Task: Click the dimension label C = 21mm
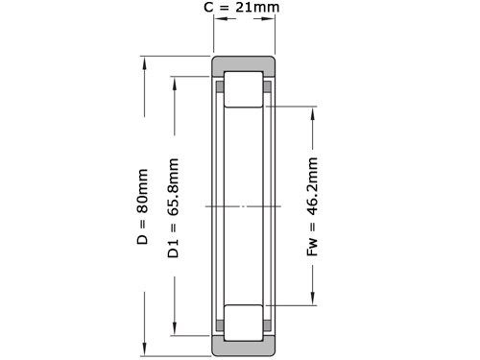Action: pyautogui.click(x=245, y=9)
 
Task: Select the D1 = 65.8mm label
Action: pyautogui.click(x=174, y=207)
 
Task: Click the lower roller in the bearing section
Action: pyautogui.click(x=244, y=322)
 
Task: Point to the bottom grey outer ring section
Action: pyautogui.click(x=244, y=347)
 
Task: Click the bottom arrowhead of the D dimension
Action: pyautogui.click(x=144, y=348)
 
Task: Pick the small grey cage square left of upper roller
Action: pyautogui.click(x=221, y=87)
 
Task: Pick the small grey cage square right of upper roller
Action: pyautogui.click(x=268, y=87)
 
